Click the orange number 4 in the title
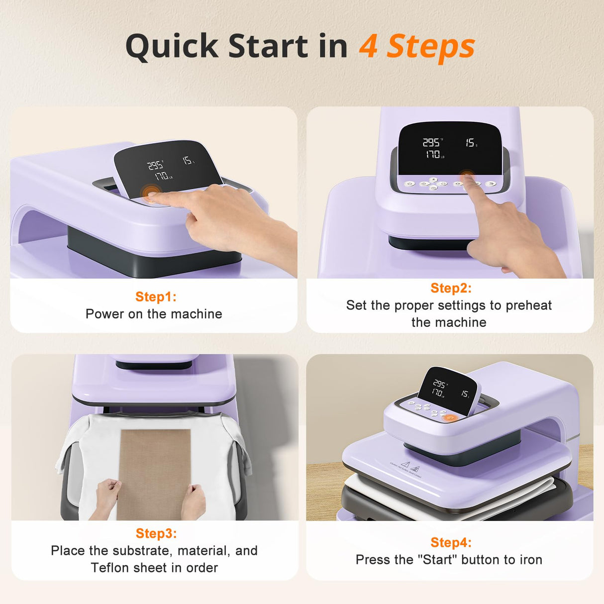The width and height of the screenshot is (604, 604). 368,47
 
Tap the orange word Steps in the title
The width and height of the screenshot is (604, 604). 431,47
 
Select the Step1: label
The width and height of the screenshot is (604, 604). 156,297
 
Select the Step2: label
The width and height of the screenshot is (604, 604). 451,288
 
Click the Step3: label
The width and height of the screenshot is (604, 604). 156,533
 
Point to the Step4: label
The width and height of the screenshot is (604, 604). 451,542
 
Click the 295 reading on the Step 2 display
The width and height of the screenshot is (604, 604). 431,143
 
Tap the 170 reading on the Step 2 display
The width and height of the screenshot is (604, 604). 432,155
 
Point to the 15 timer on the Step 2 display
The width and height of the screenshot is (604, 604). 470,143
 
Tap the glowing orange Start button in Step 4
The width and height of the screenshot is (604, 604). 450,418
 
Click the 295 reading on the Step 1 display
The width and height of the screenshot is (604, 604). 155,166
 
